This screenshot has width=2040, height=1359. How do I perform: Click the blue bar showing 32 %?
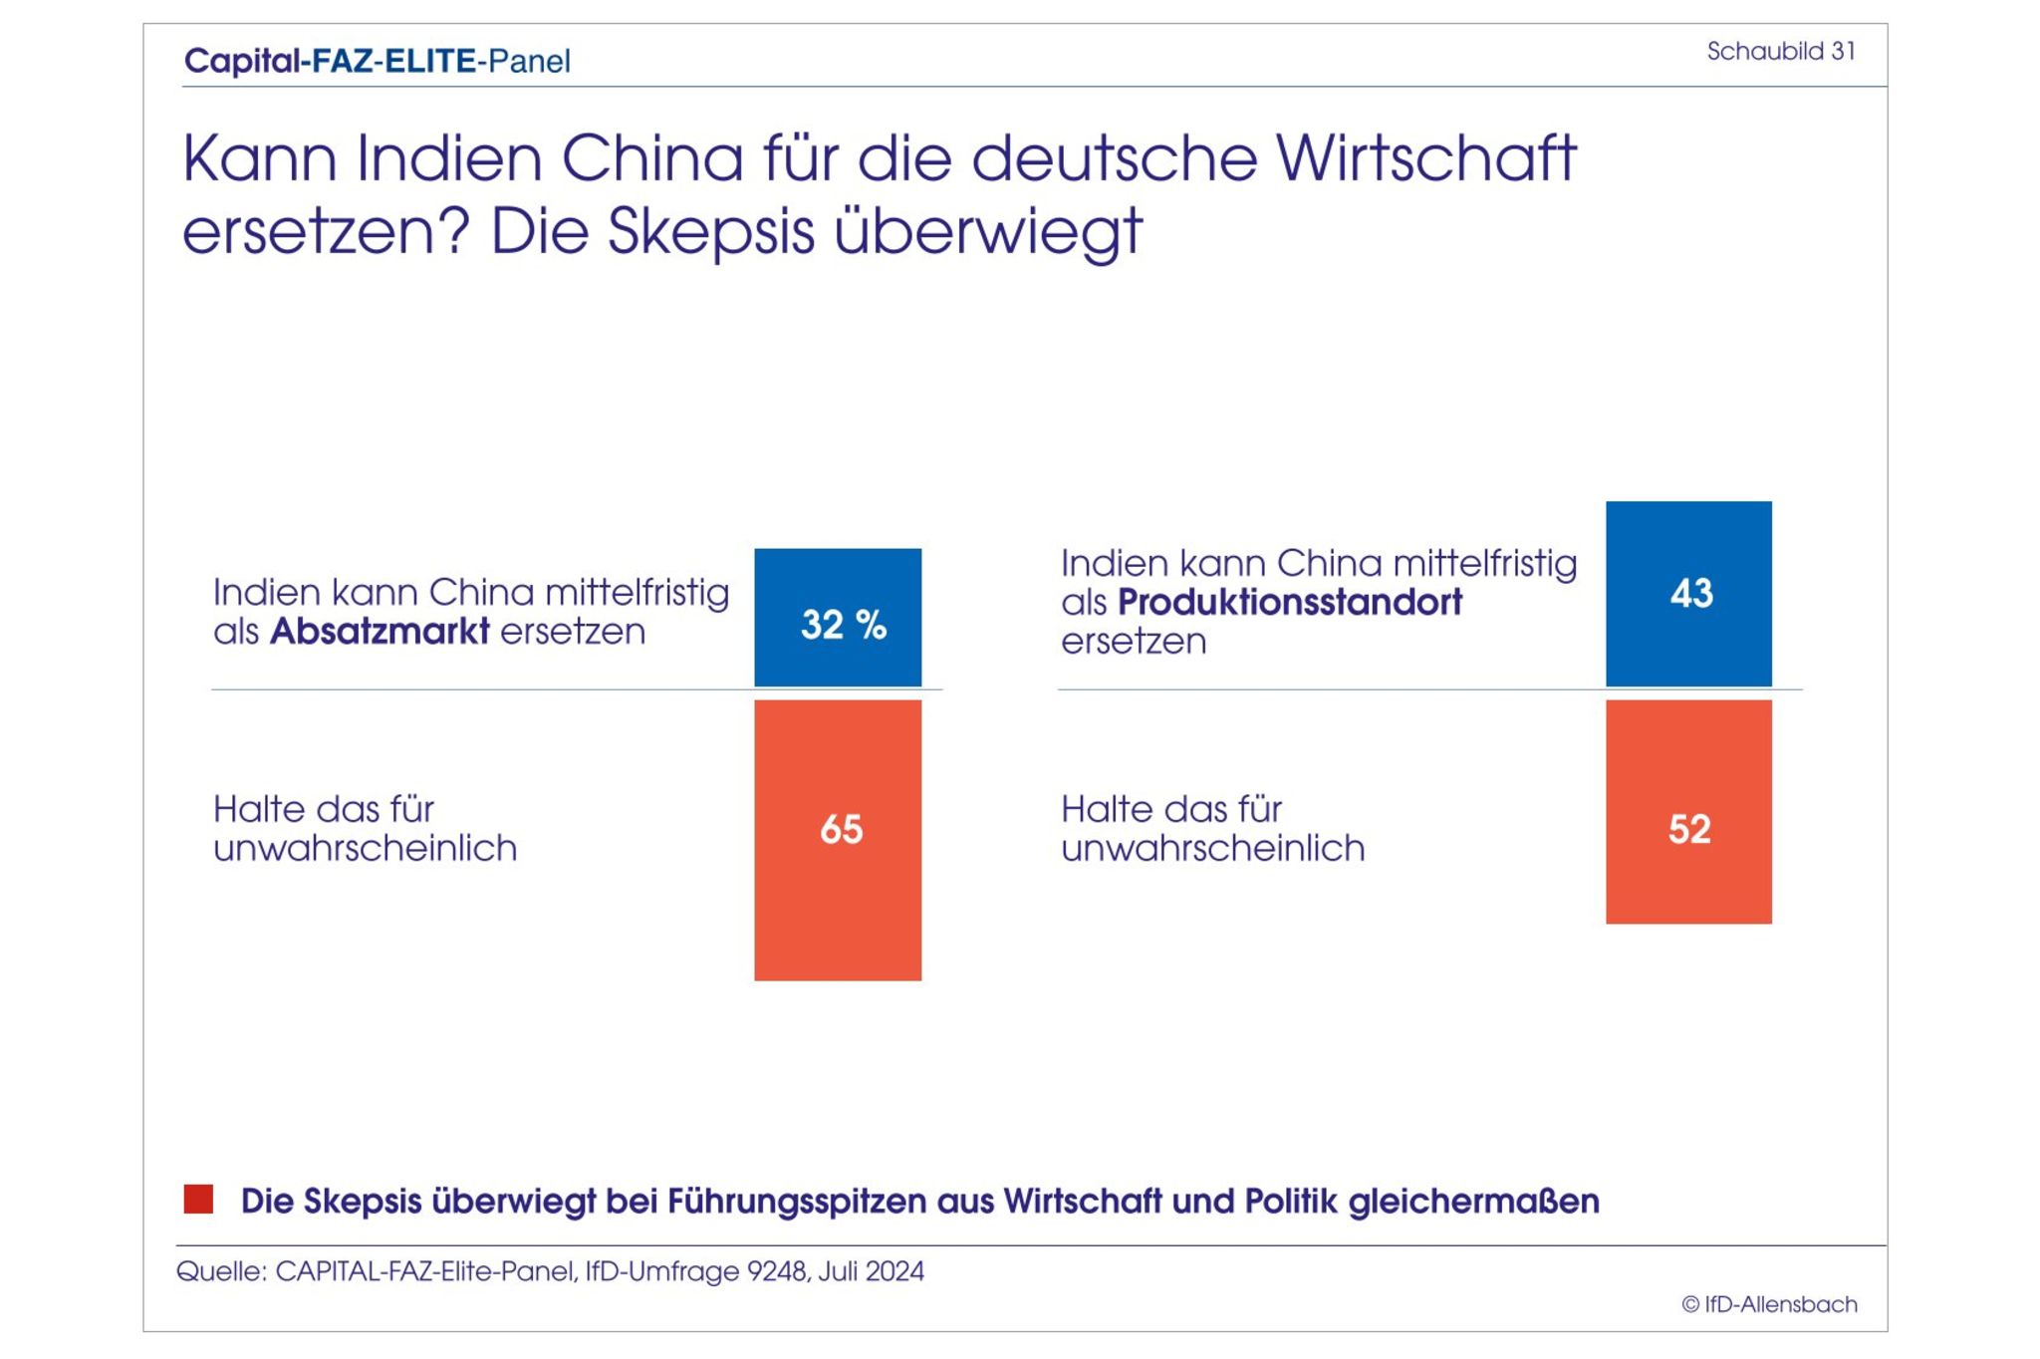[x=838, y=617]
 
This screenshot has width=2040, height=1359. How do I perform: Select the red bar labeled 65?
[x=838, y=839]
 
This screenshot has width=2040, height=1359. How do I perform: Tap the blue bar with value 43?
[x=1688, y=594]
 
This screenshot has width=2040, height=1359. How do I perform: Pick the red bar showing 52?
[x=1688, y=811]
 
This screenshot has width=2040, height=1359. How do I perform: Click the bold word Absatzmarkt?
[x=380, y=632]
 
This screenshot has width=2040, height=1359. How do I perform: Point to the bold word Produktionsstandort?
[x=1290, y=603]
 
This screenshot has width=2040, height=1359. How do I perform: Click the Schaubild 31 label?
[x=1781, y=52]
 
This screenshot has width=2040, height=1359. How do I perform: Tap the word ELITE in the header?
[x=430, y=62]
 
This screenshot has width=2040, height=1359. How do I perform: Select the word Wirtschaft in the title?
[x=1425, y=159]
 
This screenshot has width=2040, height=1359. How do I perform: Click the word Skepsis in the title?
[x=711, y=232]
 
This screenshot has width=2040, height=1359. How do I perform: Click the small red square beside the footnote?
[x=199, y=1200]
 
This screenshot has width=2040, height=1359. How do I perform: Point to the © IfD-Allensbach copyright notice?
[x=1769, y=1304]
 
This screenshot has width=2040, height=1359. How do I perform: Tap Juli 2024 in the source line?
[x=872, y=1272]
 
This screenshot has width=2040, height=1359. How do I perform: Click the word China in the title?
[x=652, y=159]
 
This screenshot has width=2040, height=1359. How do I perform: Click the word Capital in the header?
[x=241, y=62]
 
